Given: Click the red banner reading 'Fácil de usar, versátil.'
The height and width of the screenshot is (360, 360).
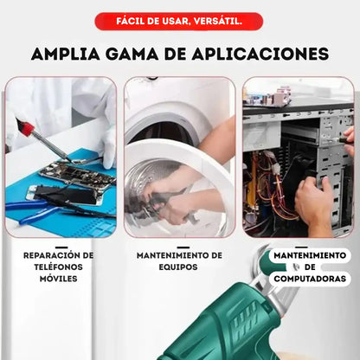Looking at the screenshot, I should click(179, 21).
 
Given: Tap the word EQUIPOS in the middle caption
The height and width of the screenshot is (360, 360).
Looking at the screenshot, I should click(179, 267).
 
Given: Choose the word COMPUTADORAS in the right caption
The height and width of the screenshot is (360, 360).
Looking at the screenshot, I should click(311, 280).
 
